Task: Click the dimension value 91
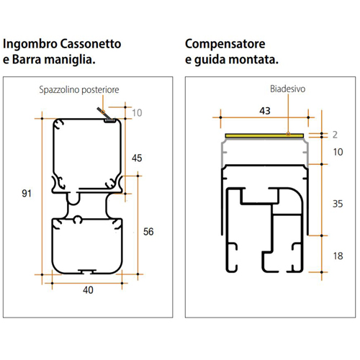coord(27,194)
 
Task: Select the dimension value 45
coord(137,158)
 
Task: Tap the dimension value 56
coord(148,232)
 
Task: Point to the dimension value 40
coord(88,290)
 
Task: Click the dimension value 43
coord(265,111)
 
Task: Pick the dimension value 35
coord(338,204)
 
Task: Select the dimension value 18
coord(338,256)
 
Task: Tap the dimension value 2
coord(335,135)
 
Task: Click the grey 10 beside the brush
coord(137,113)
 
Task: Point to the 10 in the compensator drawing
coord(338,152)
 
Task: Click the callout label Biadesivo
coord(288,89)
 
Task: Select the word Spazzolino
coord(59,90)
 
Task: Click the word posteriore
coord(100,90)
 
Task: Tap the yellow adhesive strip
coord(264,136)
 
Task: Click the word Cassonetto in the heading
coord(91,44)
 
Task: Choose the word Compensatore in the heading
coord(225,45)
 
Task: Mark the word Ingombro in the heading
coord(30,45)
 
